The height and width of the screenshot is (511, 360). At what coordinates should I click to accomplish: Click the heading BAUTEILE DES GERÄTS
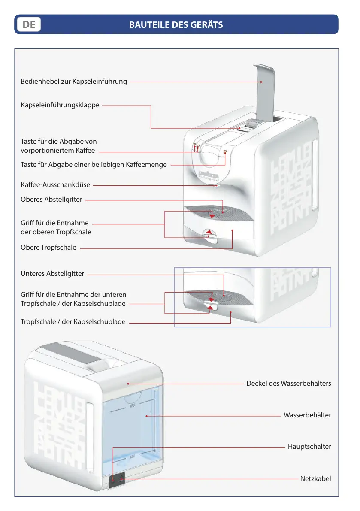[x=176, y=24]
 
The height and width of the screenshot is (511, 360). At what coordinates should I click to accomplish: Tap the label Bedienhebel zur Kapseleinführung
[x=74, y=81]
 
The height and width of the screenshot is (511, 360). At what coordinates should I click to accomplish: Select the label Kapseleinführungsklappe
[x=60, y=105]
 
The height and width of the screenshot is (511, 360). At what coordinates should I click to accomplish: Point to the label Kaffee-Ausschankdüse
[x=55, y=185]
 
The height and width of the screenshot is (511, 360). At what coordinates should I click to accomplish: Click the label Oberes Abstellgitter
[x=51, y=199]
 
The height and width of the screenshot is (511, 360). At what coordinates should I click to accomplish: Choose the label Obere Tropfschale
[x=48, y=247]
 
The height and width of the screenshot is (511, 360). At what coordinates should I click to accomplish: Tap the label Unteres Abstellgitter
[x=52, y=274]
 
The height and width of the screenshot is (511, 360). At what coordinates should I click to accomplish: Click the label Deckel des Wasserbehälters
[x=288, y=383]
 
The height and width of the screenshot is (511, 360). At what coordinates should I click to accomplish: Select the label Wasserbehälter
[x=307, y=415]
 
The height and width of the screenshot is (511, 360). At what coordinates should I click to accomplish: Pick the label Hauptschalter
[x=309, y=447]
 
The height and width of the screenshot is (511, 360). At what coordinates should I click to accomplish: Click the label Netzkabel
[x=315, y=478]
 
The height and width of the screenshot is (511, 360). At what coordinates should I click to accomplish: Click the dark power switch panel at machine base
[x=117, y=479]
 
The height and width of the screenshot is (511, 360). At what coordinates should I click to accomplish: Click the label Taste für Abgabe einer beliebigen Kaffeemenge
[x=94, y=164]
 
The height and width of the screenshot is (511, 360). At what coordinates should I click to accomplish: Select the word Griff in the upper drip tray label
[x=27, y=223]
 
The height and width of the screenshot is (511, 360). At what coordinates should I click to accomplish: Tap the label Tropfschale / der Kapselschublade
[x=73, y=322]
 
